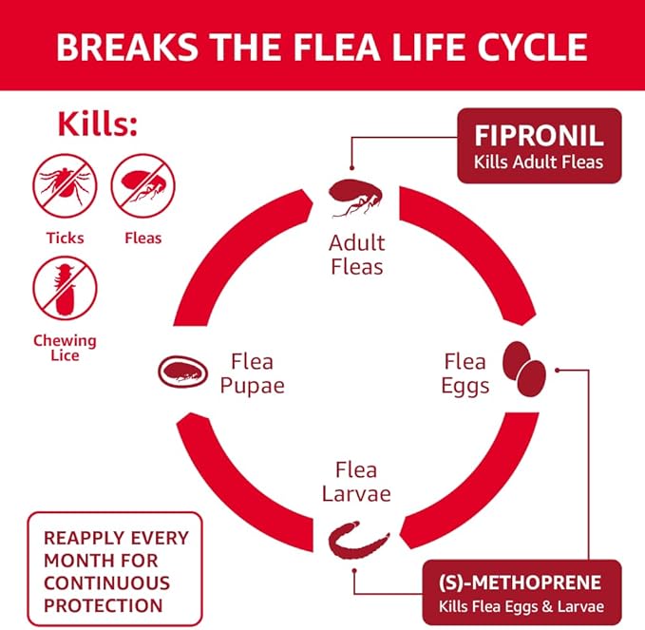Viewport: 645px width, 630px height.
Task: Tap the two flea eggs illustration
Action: point(523,368)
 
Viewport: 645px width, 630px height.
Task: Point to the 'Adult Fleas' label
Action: point(357,254)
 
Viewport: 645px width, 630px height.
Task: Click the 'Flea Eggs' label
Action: point(465,372)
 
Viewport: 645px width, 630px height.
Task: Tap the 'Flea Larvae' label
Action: point(356,482)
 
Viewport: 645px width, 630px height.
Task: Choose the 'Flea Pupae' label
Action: point(252,372)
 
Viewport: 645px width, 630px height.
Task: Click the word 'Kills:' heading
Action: point(98,124)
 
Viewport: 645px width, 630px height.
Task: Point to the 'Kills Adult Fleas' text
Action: point(539,162)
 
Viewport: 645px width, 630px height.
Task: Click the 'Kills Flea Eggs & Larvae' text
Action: point(520,605)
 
